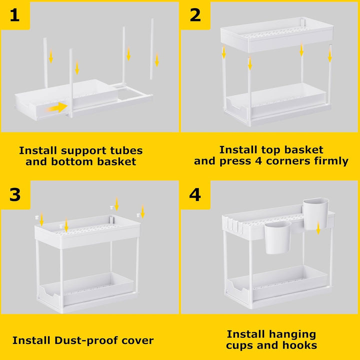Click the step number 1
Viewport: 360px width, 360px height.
pyautogui.click(x=14, y=15)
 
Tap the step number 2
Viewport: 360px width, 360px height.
pyautogui.click(x=195, y=15)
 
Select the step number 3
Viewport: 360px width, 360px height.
pyautogui.click(x=15, y=195)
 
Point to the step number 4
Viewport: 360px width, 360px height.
pyautogui.click(x=195, y=195)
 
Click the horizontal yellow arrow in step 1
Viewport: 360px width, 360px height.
pyautogui.click(x=56, y=107)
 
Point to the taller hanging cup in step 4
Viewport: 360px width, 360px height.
pyautogui.click(x=316, y=213)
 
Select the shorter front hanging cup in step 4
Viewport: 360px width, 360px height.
pyautogui.click(x=277, y=237)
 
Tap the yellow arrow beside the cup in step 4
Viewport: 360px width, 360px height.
pyautogui.click(x=318, y=228)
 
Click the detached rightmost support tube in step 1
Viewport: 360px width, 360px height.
pyautogui.click(x=152, y=49)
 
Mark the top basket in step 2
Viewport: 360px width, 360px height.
pyautogui.click(x=277, y=34)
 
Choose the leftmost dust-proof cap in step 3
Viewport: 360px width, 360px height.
pyautogui.click(x=36, y=217)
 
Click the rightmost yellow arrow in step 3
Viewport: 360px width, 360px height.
pyautogui.click(x=142, y=211)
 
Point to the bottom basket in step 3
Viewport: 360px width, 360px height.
pyautogui.click(x=86, y=290)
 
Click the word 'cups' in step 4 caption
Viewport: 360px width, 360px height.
pyautogui.click(x=239, y=345)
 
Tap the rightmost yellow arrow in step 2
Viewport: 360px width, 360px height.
pyautogui.click(x=330, y=55)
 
